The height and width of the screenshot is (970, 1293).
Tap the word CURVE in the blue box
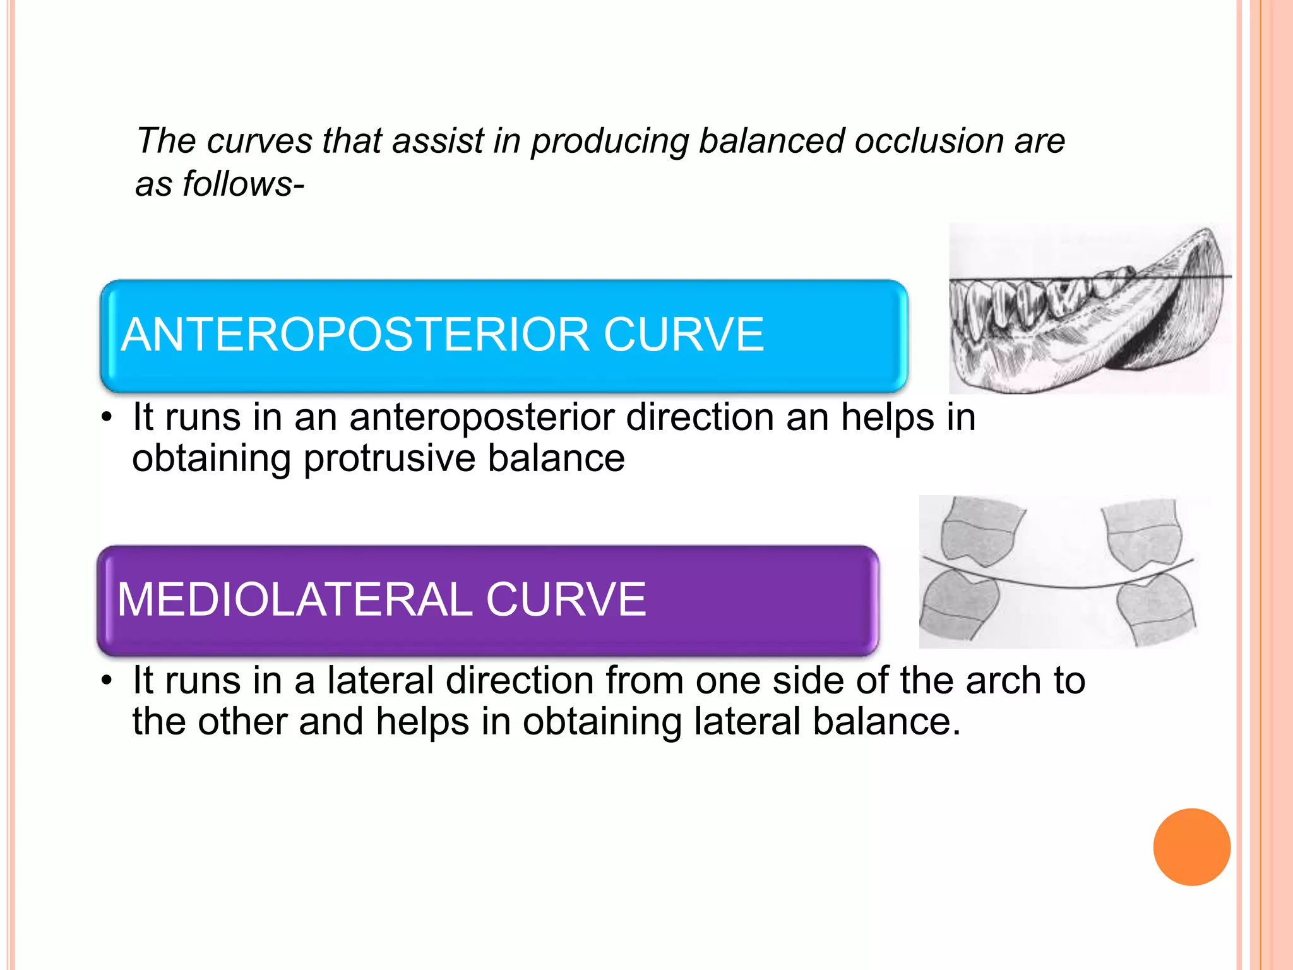[683, 335]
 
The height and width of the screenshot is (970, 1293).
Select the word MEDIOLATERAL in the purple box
[295, 599]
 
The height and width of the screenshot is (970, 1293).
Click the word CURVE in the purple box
[566, 599]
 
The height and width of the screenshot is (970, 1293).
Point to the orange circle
[1191, 847]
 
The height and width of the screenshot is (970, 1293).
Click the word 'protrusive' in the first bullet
[389, 458]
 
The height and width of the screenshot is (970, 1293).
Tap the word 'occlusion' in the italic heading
[929, 140]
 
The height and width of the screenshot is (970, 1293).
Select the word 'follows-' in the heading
[243, 184]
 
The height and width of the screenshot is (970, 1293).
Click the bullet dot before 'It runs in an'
[107, 418]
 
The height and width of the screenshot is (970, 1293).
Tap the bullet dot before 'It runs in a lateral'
[107, 681]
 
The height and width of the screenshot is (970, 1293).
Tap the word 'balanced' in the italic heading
[772, 140]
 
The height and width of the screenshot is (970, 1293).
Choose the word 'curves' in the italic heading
[259, 140]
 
